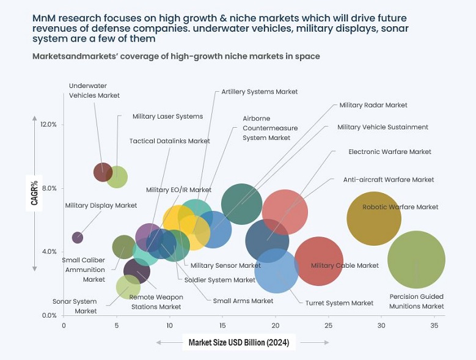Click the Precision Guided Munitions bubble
[x=416, y=259]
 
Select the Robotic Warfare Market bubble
[x=374, y=218]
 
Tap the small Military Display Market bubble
[x=78, y=237]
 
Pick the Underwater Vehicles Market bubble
[x=103, y=172]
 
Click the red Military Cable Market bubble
[x=318, y=261]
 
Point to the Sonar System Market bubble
[x=128, y=287]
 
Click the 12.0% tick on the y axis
[x=48, y=125]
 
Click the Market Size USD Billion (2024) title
[x=239, y=342]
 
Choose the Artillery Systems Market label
[x=259, y=92]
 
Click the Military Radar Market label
[x=373, y=105]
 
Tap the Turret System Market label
[x=339, y=303]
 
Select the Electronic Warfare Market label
[x=389, y=152]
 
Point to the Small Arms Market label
[x=243, y=301]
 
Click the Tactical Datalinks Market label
[x=169, y=141]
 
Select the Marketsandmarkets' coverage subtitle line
[x=176, y=56]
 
